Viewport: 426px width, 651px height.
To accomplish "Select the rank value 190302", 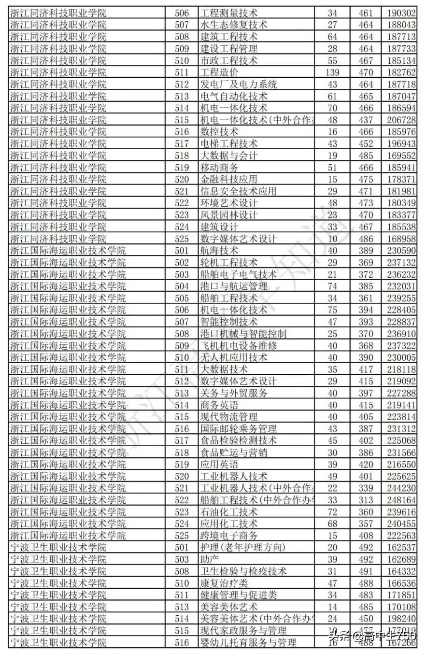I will [402, 13].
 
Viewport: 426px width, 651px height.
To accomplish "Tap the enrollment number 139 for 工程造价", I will [332, 72].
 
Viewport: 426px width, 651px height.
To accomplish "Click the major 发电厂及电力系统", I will [239, 85].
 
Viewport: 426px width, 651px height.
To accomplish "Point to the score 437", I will [366, 120].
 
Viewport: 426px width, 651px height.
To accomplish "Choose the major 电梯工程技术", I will [229, 143].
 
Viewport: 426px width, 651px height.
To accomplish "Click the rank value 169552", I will [402, 156].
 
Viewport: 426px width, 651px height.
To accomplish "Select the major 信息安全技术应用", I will [239, 191].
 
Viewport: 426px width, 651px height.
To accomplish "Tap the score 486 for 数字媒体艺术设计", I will [366, 239].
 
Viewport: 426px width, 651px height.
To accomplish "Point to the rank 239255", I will [402, 298].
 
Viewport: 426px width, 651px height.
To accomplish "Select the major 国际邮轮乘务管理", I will [239, 429].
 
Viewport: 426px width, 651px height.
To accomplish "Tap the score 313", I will [366, 500].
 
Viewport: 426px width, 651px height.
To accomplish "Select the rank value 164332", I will [402, 571].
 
